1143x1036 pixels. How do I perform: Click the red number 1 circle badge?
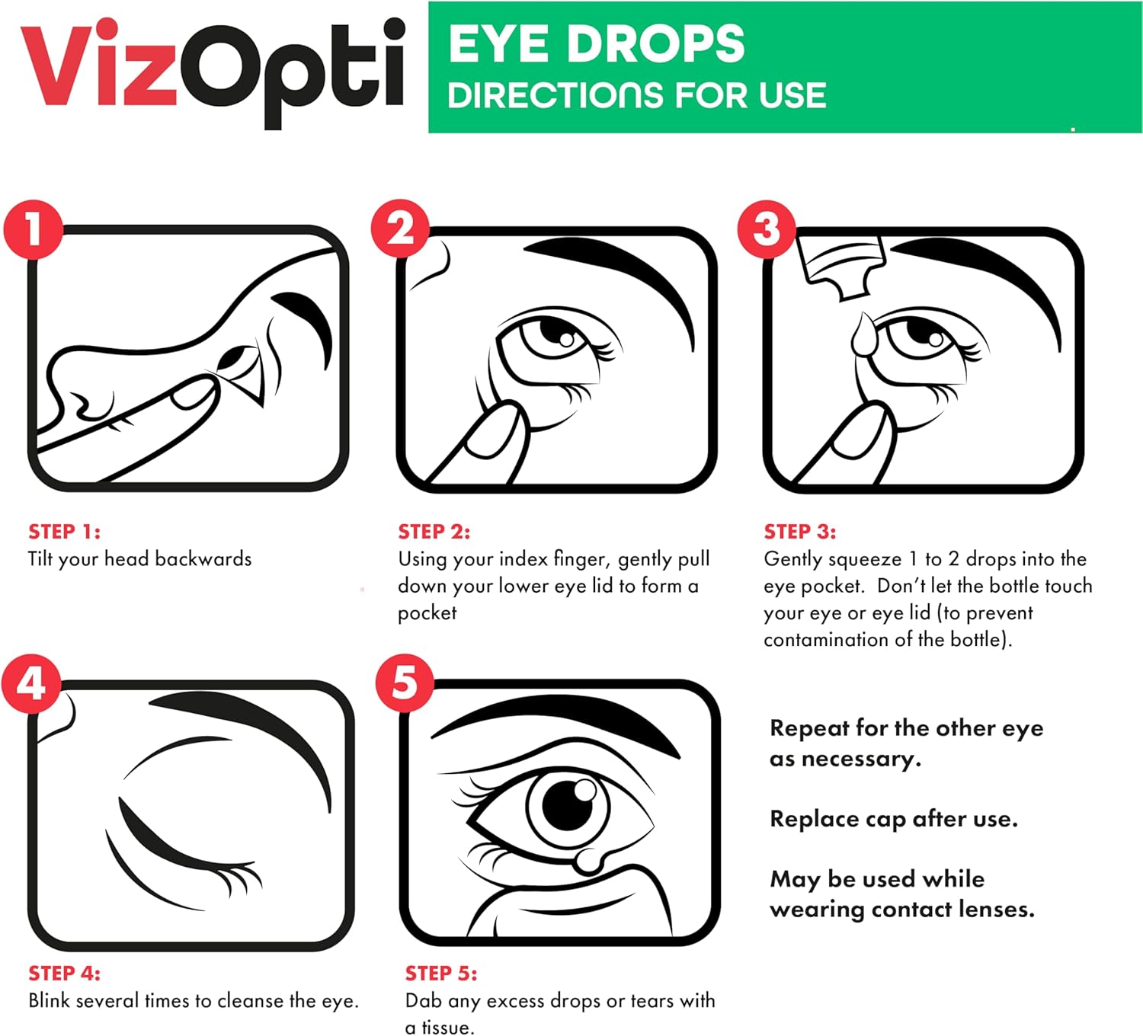[x=33, y=229]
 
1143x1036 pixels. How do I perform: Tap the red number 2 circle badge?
[x=401, y=229]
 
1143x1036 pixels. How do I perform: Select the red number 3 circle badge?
[x=767, y=229]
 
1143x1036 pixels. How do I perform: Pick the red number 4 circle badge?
[x=31, y=683]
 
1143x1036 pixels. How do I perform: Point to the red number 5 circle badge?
[x=405, y=683]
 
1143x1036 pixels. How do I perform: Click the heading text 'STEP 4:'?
[x=64, y=974]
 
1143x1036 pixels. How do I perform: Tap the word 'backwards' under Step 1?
[x=203, y=558]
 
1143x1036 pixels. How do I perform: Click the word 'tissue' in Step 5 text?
[x=446, y=1028]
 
